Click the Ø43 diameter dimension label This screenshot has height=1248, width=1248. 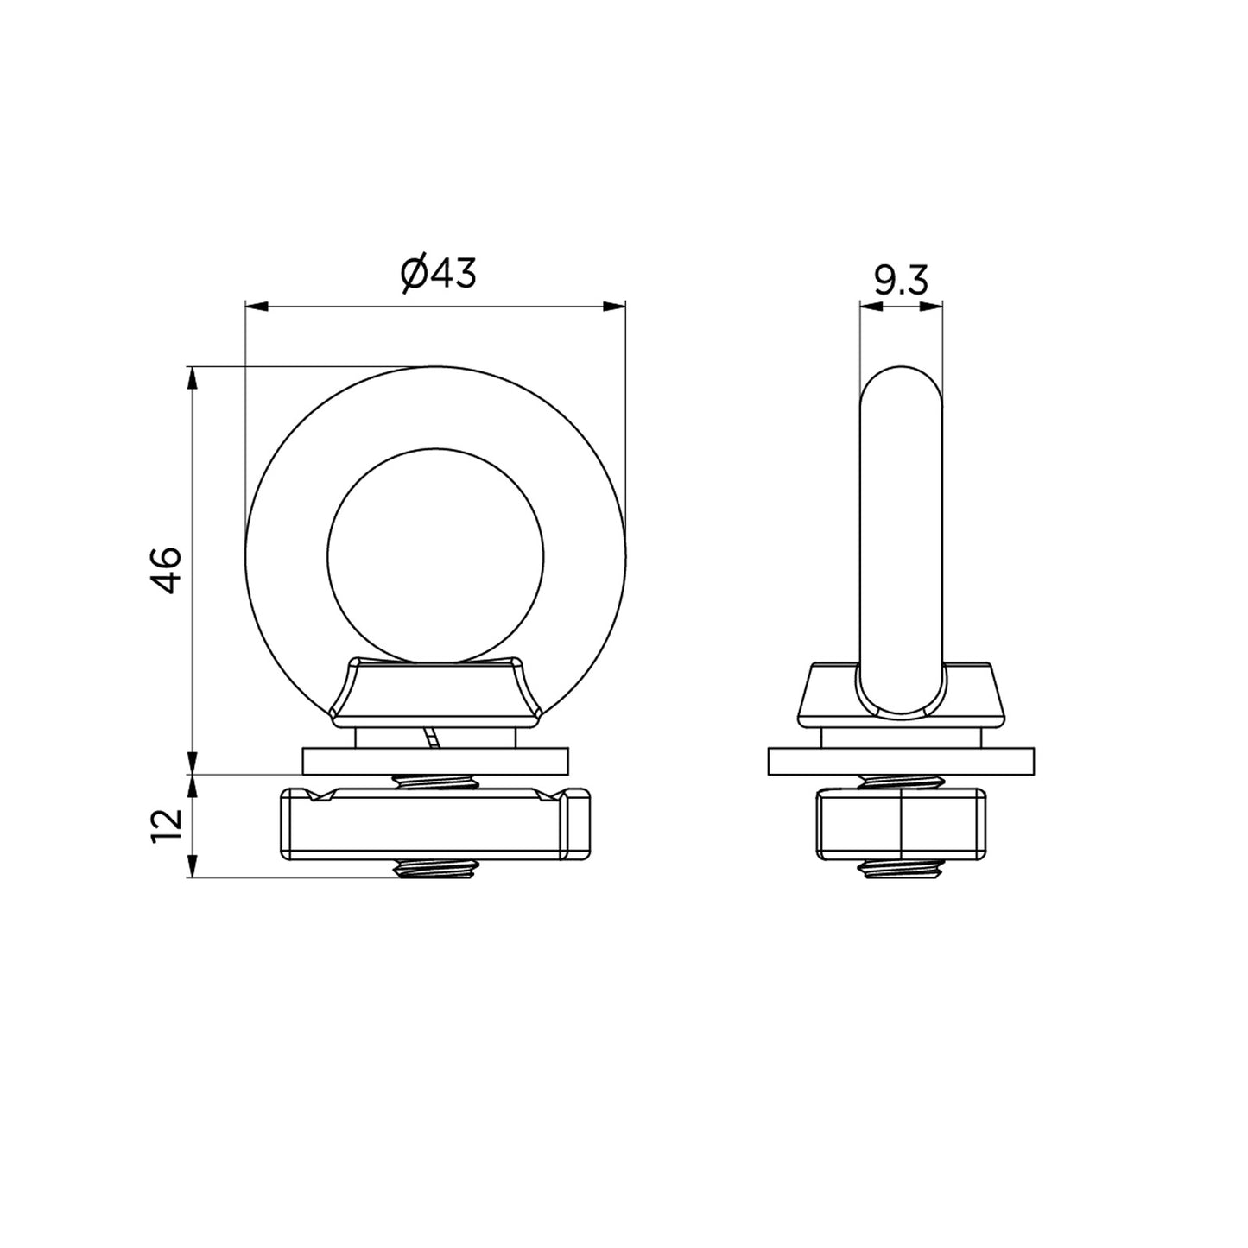click(x=438, y=274)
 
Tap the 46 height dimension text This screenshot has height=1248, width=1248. click(x=167, y=569)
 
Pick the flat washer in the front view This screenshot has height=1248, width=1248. click(x=435, y=761)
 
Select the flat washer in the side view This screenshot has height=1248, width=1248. click(x=900, y=761)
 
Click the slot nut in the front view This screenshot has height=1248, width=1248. click(x=435, y=825)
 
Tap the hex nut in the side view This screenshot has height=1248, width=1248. click(x=900, y=825)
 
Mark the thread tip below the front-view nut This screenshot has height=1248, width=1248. click(x=435, y=871)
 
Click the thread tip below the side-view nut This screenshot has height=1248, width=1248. click(x=900, y=871)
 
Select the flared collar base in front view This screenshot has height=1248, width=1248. click(x=435, y=691)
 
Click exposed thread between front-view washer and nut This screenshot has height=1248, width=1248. click(x=435, y=782)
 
